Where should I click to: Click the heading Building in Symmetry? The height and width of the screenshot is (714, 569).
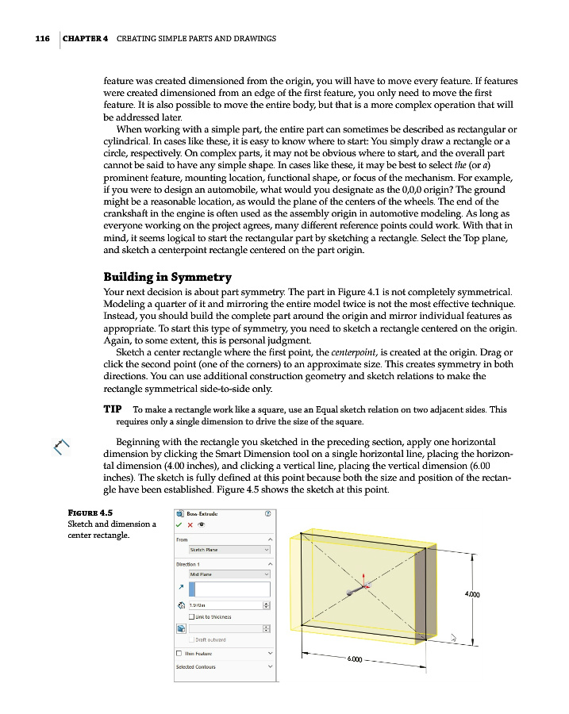167,277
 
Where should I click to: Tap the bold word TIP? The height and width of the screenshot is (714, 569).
112,409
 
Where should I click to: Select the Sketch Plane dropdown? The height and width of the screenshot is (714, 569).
229,549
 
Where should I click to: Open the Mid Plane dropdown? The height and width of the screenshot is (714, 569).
229,574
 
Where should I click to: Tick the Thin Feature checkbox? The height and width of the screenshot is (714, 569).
180,653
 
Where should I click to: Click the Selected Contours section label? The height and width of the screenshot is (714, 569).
196,666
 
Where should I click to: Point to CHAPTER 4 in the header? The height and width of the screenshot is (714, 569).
85,38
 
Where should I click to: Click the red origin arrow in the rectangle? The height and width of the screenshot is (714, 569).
364,582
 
